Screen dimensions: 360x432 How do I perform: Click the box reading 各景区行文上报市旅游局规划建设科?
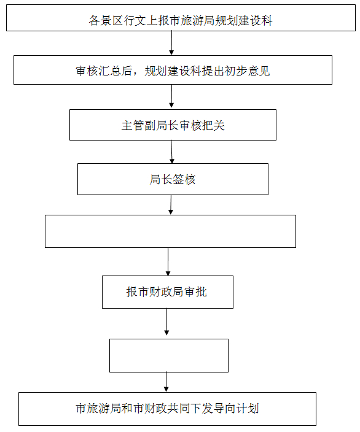(x=181, y=18)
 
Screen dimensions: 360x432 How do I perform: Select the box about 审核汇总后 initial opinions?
(x=173, y=70)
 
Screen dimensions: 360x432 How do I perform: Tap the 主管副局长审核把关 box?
(x=173, y=125)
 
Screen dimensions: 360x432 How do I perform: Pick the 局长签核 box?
(x=173, y=179)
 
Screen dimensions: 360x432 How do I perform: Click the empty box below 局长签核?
(x=170, y=231)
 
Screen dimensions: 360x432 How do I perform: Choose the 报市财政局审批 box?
(x=168, y=291)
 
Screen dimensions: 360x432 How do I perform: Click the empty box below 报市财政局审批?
(x=169, y=355)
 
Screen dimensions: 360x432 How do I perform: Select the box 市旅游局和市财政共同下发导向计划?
(x=167, y=409)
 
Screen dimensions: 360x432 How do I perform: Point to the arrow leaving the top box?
(x=171, y=43)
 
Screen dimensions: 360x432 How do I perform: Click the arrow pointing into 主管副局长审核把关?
(x=171, y=96)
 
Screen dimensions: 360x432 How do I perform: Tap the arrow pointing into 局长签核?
(x=171, y=152)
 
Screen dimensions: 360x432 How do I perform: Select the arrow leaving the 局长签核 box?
(x=171, y=205)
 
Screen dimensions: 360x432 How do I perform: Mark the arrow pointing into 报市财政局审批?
(x=168, y=261)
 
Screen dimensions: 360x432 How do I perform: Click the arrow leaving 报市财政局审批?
(x=166, y=322)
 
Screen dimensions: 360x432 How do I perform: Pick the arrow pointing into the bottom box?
(x=166, y=382)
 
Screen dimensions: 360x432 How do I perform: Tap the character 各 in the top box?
(x=94, y=21)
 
